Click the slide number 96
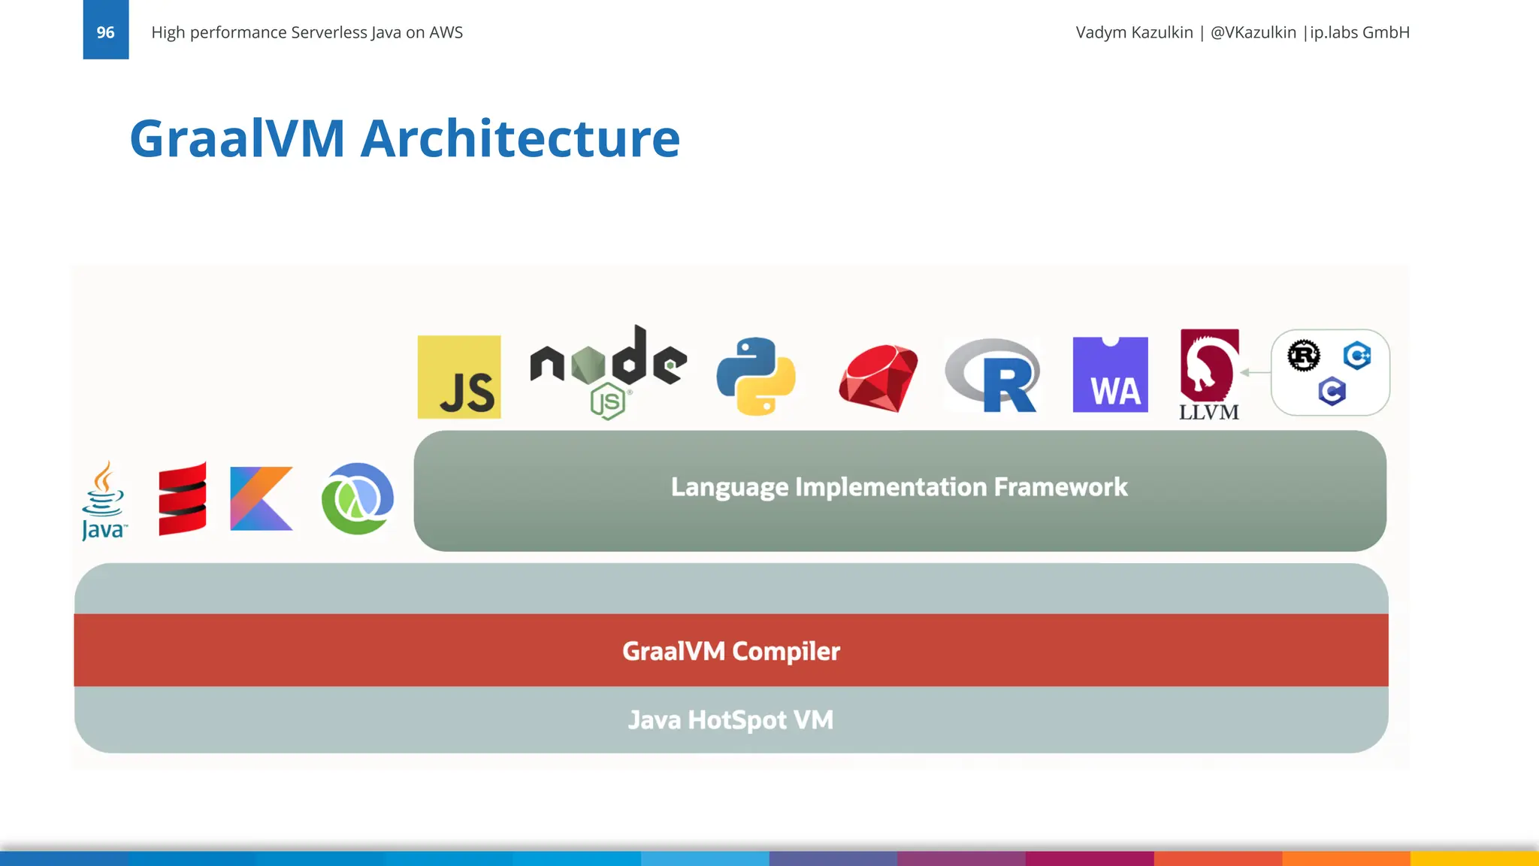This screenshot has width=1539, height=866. (x=105, y=32)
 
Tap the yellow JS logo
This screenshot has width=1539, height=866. (x=459, y=377)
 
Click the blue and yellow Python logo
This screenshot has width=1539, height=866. (x=756, y=376)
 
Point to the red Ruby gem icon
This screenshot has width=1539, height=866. (x=878, y=378)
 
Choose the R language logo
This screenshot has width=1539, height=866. (x=993, y=375)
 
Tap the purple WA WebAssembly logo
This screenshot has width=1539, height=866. (x=1110, y=375)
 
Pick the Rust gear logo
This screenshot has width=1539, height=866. (x=1304, y=356)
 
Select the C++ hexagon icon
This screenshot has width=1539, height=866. (x=1357, y=355)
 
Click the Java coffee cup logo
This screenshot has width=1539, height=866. (x=104, y=501)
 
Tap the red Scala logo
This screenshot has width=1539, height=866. (x=183, y=499)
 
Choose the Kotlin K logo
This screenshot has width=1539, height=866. (x=261, y=499)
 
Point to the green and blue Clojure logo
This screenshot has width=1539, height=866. (x=358, y=499)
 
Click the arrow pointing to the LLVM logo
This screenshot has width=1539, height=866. (x=1255, y=372)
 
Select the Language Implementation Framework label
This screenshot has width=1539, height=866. (x=899, y=487)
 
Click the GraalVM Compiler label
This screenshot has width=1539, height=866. (x=730, y=651)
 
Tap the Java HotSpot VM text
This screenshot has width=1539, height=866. (x=730, y=720)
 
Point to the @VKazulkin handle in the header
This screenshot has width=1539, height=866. (x=1253, y=32)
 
